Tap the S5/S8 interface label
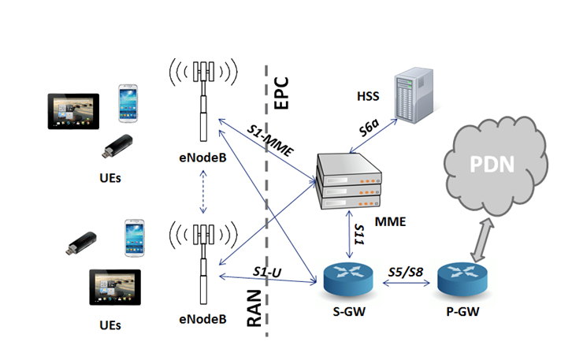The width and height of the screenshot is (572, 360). click(406, 269)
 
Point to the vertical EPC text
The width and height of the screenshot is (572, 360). click(280, 93)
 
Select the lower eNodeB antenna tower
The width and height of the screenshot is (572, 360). click(203, 264)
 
